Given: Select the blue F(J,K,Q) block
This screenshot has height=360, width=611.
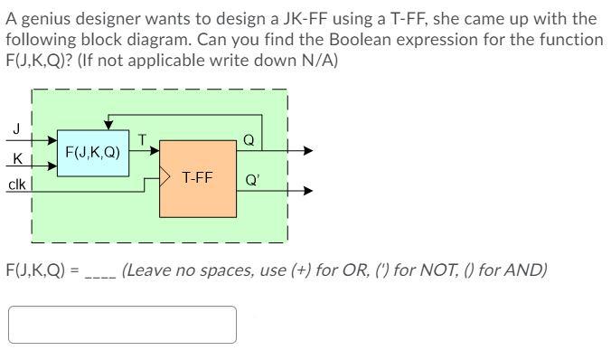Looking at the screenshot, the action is [x=93, y=154].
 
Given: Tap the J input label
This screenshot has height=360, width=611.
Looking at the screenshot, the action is [x=14, y=128].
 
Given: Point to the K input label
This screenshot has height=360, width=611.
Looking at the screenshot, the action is [x=15, y=160].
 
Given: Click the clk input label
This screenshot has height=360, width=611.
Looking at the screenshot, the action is [x=16, y=185].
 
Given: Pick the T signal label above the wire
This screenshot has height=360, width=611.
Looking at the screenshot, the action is [x=143, y=138].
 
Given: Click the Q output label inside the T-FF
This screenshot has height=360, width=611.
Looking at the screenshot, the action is [x=249, y=140].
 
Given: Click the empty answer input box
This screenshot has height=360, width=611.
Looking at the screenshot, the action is [x=123, y=325].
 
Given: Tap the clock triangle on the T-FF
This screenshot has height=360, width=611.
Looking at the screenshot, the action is [x=165, y=175].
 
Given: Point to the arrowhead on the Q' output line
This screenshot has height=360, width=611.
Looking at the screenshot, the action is [x=308, y=191].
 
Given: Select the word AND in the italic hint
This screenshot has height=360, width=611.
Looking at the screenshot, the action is [x=528, y=270].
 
